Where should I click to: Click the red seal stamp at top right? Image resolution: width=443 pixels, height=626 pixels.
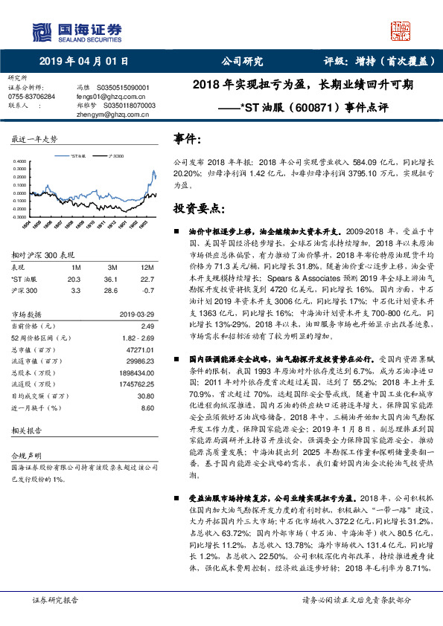(401, 30)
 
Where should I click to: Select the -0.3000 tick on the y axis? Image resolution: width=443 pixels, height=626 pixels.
(22, 219)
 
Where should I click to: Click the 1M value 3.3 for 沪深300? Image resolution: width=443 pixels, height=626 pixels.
(73, 290)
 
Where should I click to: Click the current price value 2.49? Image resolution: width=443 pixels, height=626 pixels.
(147, 326)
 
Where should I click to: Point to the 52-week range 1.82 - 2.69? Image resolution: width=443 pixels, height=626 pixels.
(138, 337)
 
